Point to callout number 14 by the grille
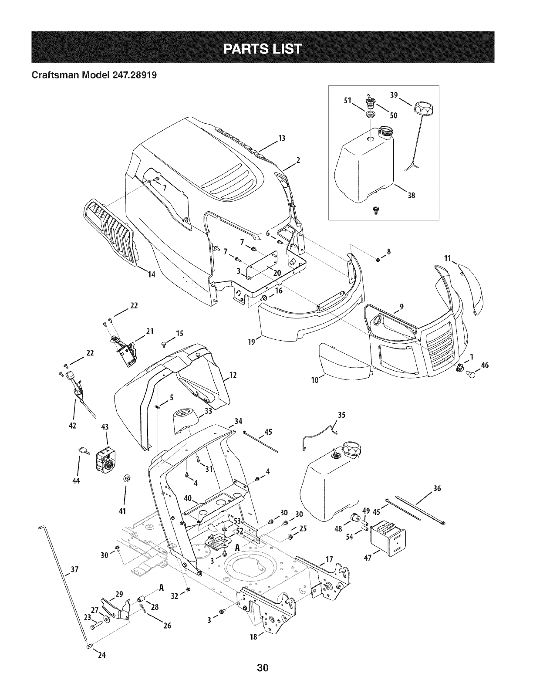(152, 275)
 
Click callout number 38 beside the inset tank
(412, 196)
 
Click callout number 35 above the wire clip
(342, 415)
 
